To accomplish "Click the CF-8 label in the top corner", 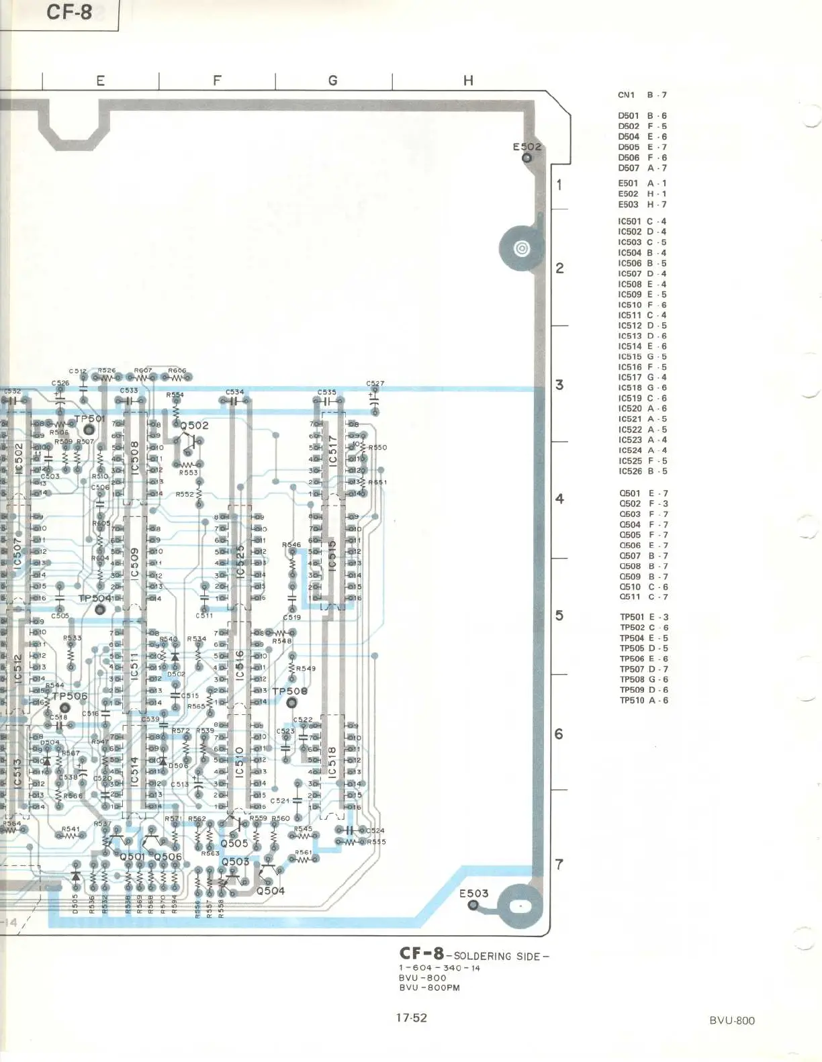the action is point(68,12).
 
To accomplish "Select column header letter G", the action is point(332,81).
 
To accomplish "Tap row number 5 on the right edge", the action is point(559,616).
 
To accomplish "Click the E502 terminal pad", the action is point(527,158).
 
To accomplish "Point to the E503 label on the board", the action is point(473,894).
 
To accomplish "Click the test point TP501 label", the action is point(90,419).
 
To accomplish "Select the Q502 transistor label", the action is point(194,426).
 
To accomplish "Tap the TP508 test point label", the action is point(289,691).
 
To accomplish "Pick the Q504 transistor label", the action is point(271,891).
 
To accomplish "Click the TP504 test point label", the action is point(95,598).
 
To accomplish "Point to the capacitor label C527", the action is point(375,383).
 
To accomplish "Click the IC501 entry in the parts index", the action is point(642,222).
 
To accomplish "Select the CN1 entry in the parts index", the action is point(642,95).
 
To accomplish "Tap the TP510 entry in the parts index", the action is point(643,700).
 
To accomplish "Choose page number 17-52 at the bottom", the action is point(411,1018).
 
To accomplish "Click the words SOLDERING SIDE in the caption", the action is point(501,956).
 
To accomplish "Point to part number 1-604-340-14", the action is point(439,968).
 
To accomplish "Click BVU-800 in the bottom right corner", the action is point(732,1020).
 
